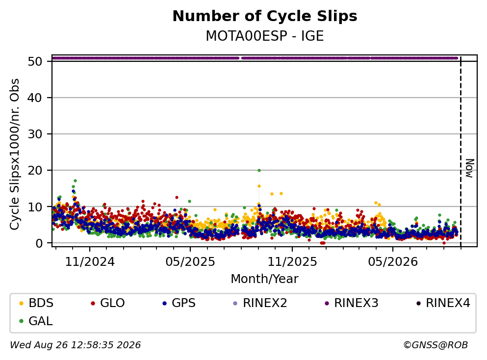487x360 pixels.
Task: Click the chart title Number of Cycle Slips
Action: pyautogui.click(x=265, y=16)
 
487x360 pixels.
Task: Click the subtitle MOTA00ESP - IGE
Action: pyautogui.click(x=265, y=36)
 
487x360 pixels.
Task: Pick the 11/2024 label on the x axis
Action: pyautogui.click(x=90, y=262)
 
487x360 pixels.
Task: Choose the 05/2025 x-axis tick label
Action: pyautogui.click(x=190, y=262)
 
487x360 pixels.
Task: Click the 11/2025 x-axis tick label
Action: pyautogui.click(x=292, y=262)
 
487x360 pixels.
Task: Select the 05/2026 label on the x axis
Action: pyautogui.click(x=393, y=262)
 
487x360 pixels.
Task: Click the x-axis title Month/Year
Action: pyautogui.click(x=264, y=279)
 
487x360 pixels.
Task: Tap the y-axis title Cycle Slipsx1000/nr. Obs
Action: pyautogui.click(x=14, y=154)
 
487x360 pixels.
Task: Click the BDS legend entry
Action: pyautogui.click(x=36, y=303)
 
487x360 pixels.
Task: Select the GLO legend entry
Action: pyautogui.click(x=107, y=303)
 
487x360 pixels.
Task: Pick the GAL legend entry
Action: pyautogui.click(x=36, y=321)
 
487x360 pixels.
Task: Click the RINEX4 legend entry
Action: pyautogui.click(x=443, y=303)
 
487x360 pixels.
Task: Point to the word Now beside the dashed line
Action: pyautogui.click(x=470, y=168)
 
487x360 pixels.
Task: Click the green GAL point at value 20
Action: pyautogui.click(x=259, y=170)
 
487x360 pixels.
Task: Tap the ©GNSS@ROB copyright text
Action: pyautogui.click(x=436, y=345)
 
